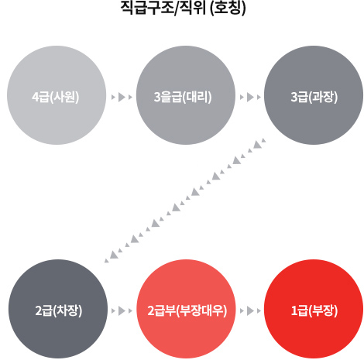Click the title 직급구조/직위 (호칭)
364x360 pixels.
(183, 8)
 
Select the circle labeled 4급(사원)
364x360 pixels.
(57, 95)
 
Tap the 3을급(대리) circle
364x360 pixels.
(186, 95)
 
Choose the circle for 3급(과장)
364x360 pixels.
(314, 95)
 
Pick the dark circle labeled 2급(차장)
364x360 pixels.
(58, 309)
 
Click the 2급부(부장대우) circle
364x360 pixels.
(186, 309)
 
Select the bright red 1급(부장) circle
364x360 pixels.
(314, 309)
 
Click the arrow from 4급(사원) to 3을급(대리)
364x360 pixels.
(122, 98)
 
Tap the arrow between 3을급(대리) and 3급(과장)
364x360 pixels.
(250, 98)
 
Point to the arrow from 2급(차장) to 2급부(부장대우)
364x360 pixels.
(122, 311)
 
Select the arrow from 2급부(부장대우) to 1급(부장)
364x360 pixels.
(250, 311)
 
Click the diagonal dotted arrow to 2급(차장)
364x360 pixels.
(185, 201)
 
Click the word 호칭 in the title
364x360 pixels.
(228, 8)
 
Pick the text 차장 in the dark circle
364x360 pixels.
(67, 310)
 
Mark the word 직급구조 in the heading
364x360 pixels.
(148, 8)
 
